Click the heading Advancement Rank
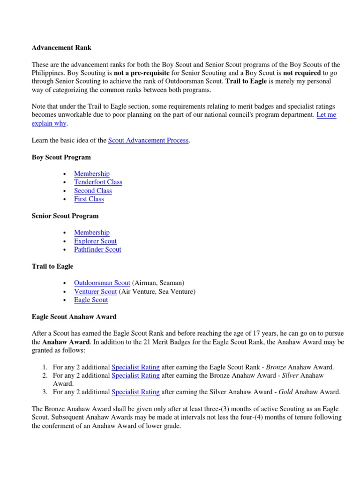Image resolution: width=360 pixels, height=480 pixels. [x=61, y=47]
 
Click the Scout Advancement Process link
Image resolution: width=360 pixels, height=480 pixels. [x=148, y=140]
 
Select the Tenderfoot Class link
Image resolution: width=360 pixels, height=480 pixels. [x=98, y=182]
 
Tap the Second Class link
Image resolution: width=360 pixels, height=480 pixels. [x=93, y=191]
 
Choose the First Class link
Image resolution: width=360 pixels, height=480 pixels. [x=89, y=199]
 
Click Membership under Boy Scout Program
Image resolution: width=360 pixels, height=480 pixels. [x=92, y=173]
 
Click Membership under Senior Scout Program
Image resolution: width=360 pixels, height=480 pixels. [x=92, y=232]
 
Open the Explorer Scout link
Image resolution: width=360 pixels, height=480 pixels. [x=95, y=241]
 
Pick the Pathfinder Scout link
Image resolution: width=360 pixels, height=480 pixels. [x=97, y=249]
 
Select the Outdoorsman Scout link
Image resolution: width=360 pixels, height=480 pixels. [x=102, y=283]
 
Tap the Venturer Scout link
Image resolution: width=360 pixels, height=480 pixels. [x=95, y=292]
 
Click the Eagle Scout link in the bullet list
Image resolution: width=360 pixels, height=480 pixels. [x=91, y=300]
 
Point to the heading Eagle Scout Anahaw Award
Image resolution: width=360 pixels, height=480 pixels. [x=74, y=317]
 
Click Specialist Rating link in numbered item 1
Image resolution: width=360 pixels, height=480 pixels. [x=135, y=367]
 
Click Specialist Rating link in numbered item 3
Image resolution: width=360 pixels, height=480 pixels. [x=135, y=392]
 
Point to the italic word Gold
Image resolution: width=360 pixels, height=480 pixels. [x=286, y=392]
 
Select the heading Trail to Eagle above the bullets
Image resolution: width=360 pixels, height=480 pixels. [x=52, y=266]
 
